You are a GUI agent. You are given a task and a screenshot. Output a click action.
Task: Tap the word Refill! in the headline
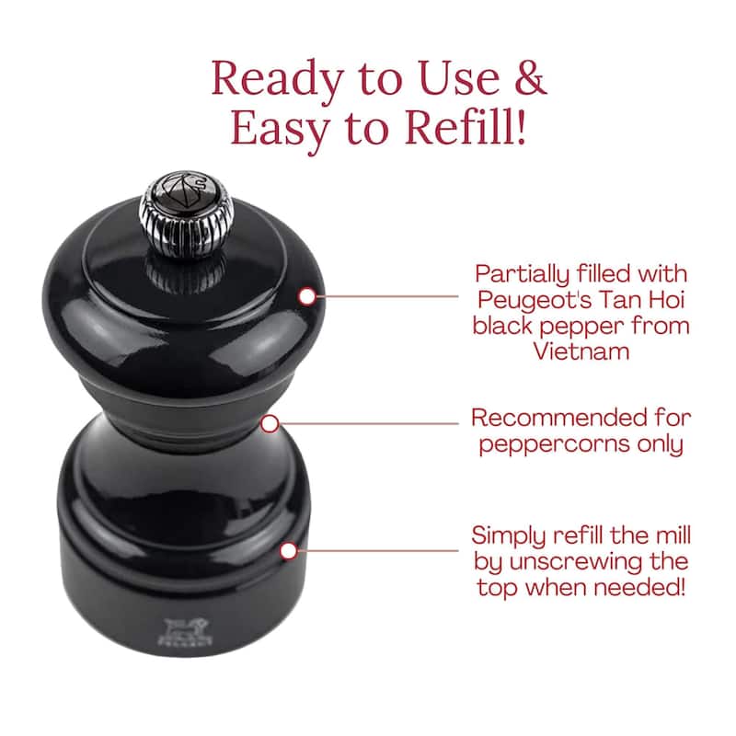[466, 127]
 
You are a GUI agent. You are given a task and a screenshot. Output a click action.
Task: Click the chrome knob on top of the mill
[187, 213]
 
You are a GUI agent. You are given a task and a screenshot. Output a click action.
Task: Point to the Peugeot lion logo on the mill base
[185, 632]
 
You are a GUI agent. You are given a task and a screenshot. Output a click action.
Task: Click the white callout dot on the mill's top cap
[307, 296]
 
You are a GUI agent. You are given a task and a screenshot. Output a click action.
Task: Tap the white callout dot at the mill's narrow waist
[270, 424]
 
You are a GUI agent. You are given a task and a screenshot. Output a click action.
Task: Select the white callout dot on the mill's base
[289, 551]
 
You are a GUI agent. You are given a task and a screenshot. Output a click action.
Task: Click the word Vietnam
[581, 351]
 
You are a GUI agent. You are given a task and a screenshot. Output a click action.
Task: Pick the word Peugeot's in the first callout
[535, 301]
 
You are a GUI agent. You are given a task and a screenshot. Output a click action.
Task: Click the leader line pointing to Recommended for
[369, 424]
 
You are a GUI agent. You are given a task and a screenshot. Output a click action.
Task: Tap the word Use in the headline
[459, 78]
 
